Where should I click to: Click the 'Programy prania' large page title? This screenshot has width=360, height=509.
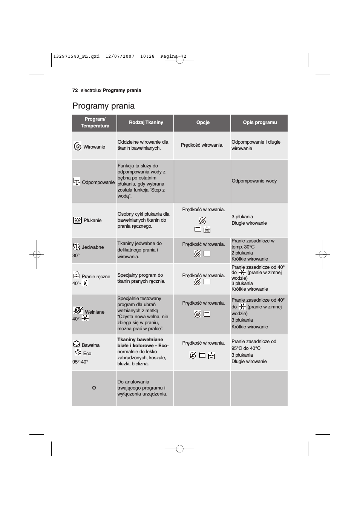(103, 106)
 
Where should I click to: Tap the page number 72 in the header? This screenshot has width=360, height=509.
(75, 90)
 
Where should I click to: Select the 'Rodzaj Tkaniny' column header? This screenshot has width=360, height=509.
(146, 123)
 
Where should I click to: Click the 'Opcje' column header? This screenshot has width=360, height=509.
(203, 123)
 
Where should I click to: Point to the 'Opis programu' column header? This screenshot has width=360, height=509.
(260, 123)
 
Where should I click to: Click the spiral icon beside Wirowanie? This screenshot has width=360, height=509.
(78, 146)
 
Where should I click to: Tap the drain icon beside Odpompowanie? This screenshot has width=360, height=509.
(77, 182)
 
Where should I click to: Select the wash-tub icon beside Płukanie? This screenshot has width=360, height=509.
(77, 220)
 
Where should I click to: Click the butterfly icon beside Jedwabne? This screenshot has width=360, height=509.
(77, 247)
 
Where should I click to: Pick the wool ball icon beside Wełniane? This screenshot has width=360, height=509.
(78, 310)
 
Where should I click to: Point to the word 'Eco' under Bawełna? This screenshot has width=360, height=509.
(87, 354)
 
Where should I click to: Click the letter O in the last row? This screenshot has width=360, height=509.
(94, 388)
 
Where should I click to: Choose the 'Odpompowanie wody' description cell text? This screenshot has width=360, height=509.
(254, 181)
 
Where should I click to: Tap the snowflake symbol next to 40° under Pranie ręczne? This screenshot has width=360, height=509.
(85, 283)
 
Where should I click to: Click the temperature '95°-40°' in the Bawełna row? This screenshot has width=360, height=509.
(80, 362)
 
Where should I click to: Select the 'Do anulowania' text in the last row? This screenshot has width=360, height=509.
(133, 382)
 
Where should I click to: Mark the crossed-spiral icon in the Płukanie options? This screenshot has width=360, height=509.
(202, 221)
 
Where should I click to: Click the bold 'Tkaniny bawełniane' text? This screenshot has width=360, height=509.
(140, 340)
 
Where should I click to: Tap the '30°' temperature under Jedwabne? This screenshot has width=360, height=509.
(76, 256)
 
